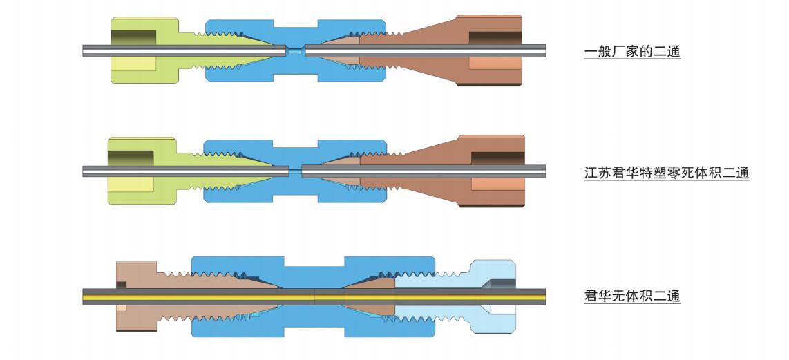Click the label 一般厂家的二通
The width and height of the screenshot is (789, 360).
point(631,51)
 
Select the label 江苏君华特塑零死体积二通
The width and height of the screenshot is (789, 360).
point(666,173)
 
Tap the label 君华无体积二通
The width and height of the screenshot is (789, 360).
point(631,296)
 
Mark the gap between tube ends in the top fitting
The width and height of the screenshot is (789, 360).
point(296,50)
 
